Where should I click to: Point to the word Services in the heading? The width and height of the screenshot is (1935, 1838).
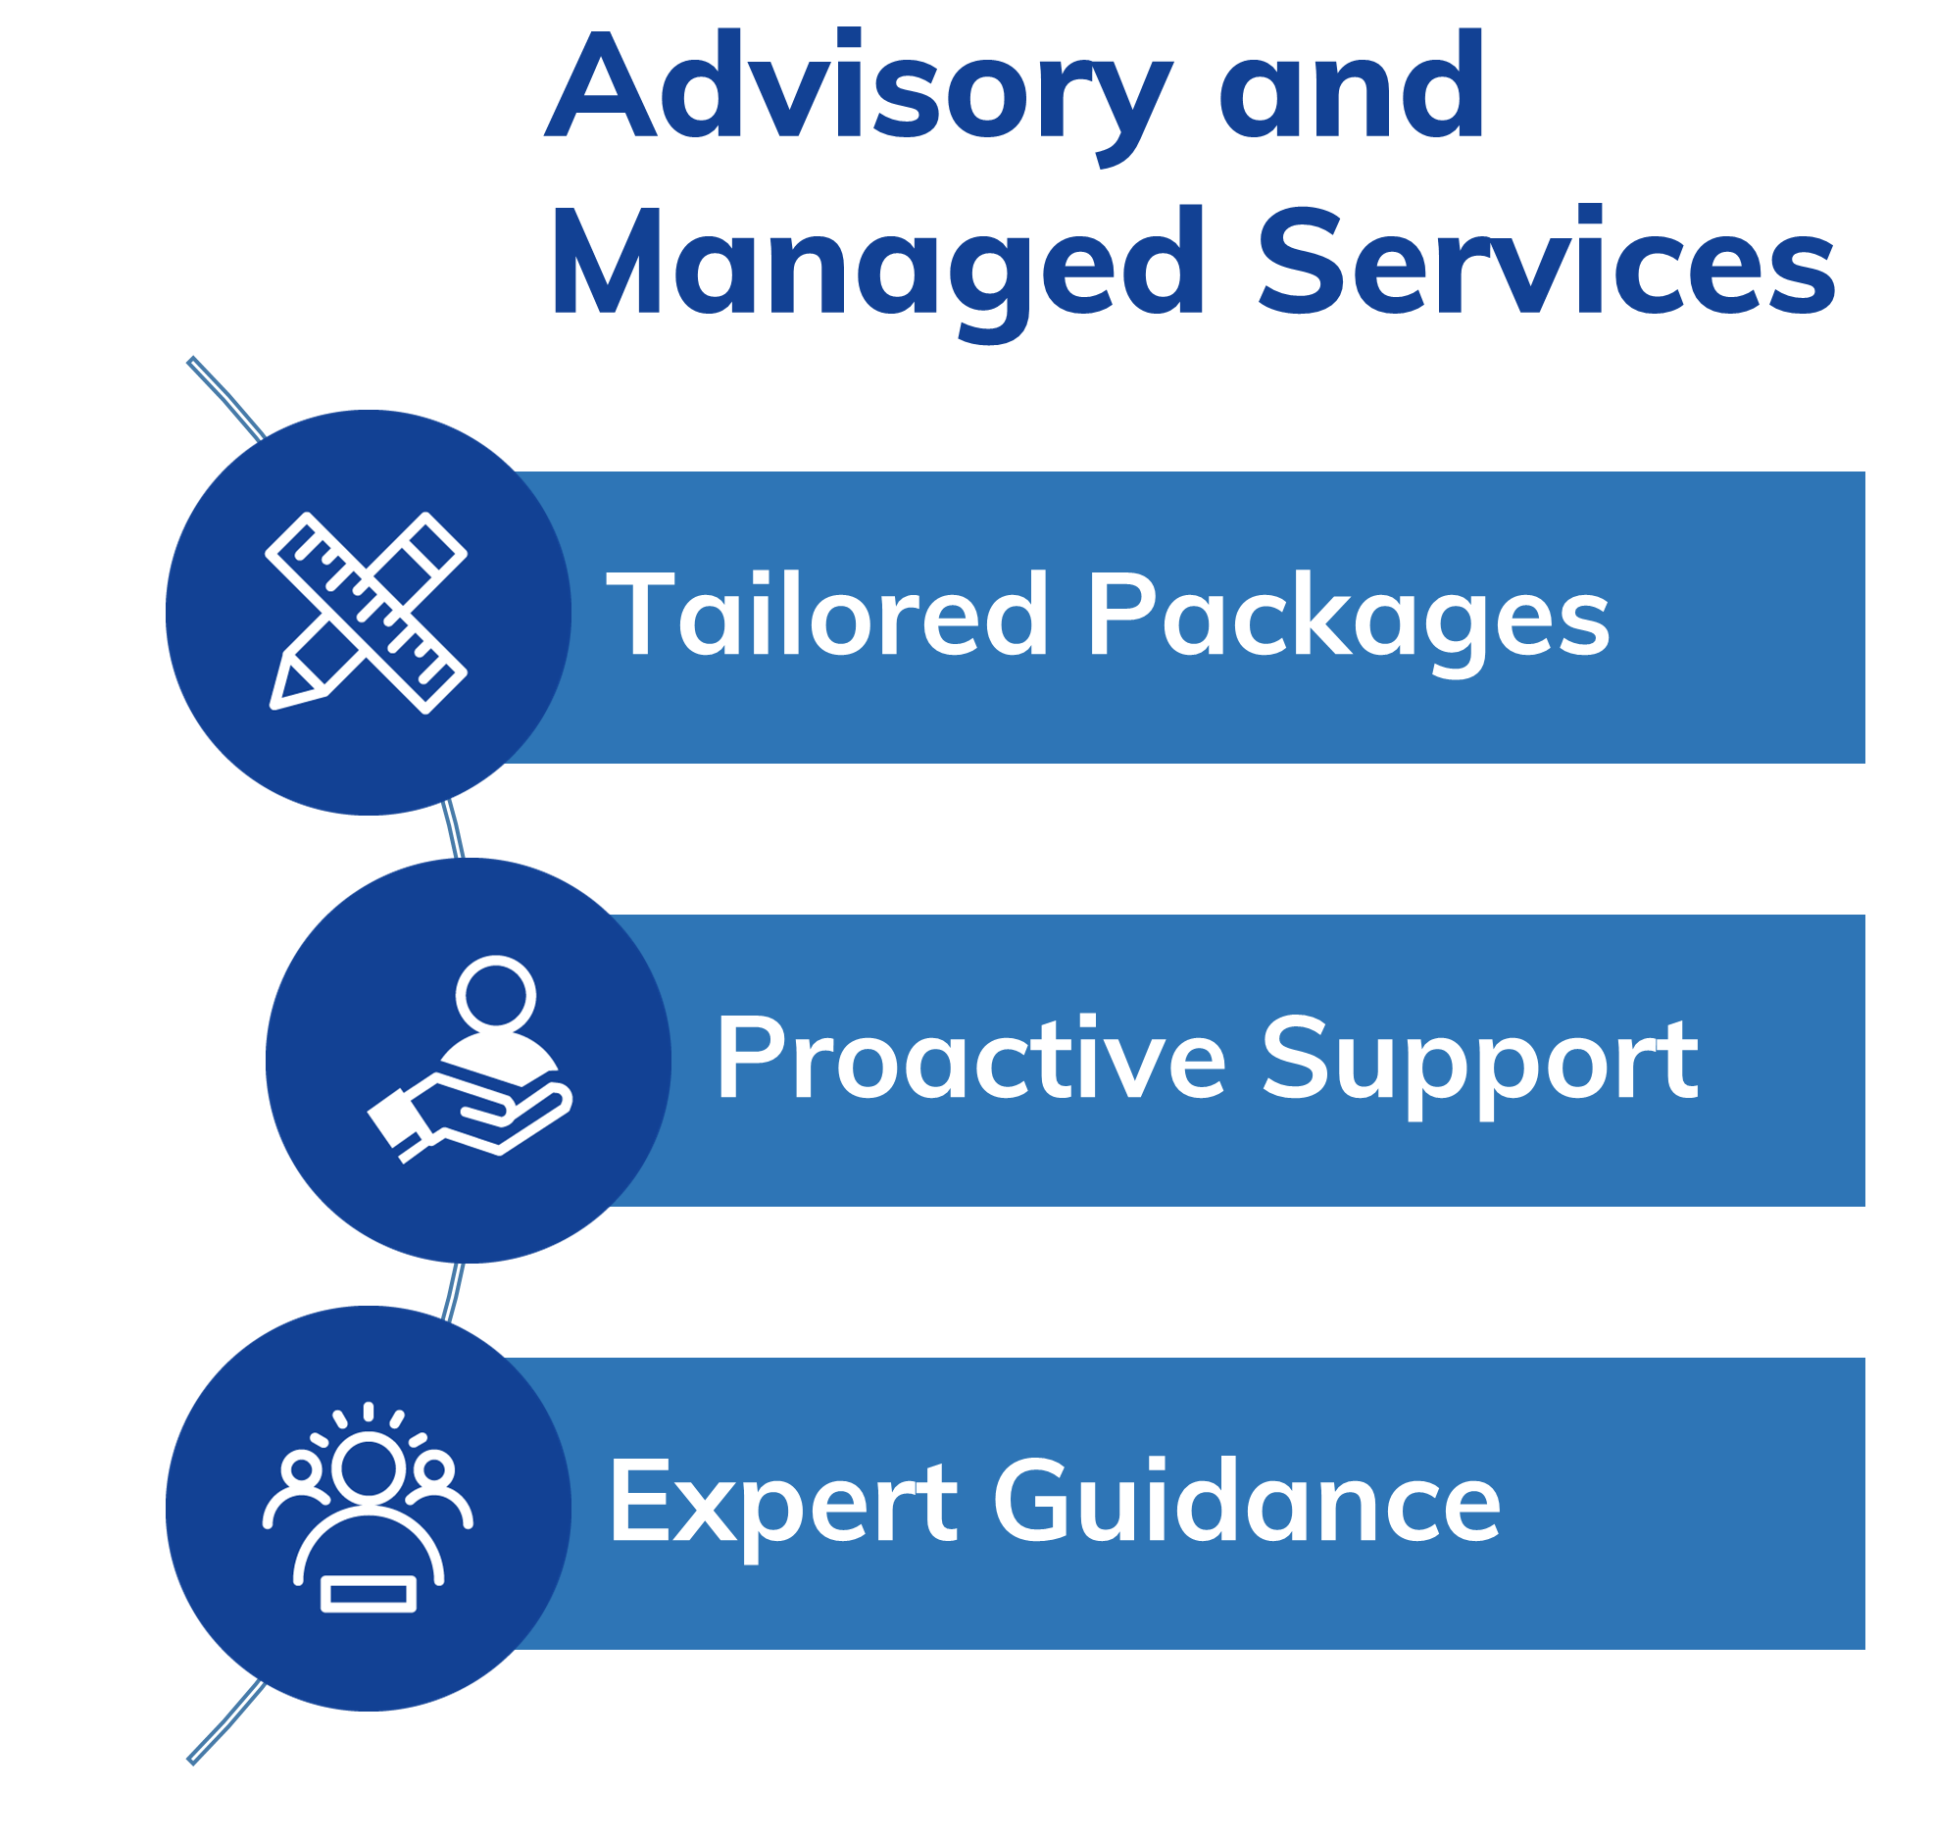[1546, 263]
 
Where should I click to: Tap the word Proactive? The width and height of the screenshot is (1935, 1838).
[970, 1059]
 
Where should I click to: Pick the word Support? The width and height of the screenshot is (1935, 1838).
[1479, 1063]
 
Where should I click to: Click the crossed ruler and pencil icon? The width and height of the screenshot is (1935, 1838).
[367, 613]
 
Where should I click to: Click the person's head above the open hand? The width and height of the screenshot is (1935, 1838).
[495, 994]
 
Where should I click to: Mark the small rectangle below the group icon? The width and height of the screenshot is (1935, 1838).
[369, 1594]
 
